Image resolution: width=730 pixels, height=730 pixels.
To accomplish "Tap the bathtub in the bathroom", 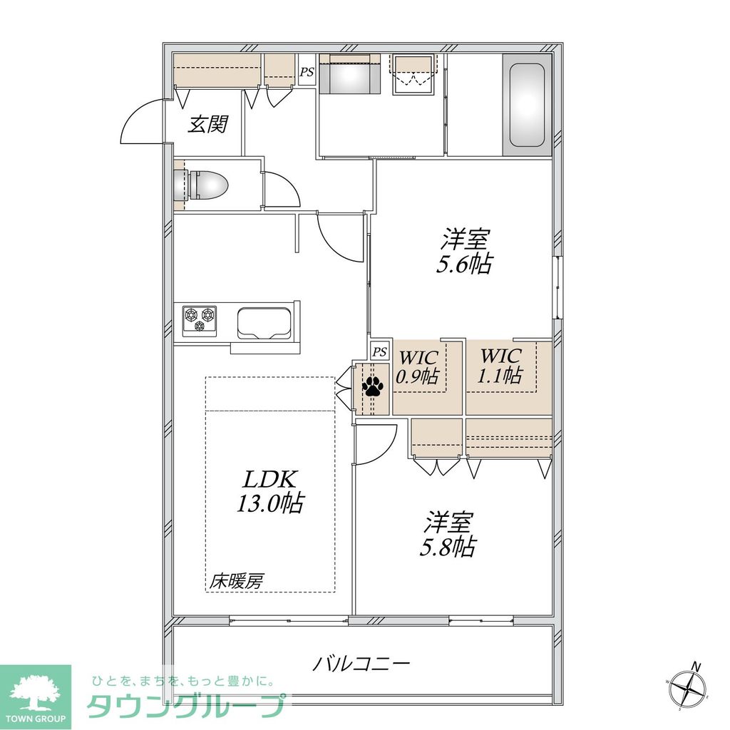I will [528, 106].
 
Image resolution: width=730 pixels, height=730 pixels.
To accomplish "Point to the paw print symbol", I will [373, 386].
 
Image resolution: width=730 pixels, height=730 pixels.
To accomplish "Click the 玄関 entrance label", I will [208, 125].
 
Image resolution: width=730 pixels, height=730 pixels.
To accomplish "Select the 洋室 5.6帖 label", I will [463, 251].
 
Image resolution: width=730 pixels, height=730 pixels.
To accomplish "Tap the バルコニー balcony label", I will [362, 664].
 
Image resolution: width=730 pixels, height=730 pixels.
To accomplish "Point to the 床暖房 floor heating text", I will [236, 581].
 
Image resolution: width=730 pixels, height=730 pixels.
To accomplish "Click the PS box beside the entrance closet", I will [307, 71].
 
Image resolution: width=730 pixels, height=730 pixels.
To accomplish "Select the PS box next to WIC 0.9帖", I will [380, 351].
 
